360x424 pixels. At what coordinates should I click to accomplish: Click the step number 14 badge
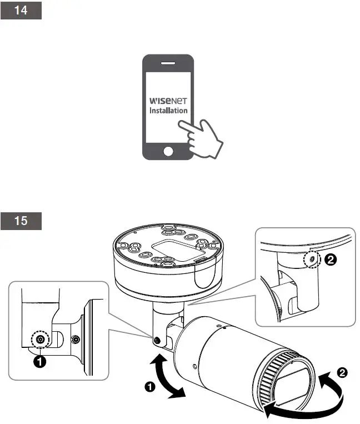tap(21, 12)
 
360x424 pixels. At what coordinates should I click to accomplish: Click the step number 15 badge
tap(21, 221)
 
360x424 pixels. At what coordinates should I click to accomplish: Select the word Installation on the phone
tap(168, 111)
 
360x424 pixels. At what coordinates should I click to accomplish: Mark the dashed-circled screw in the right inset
tap(312, 260)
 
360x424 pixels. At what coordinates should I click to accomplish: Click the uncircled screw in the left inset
tap(76, 340)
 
